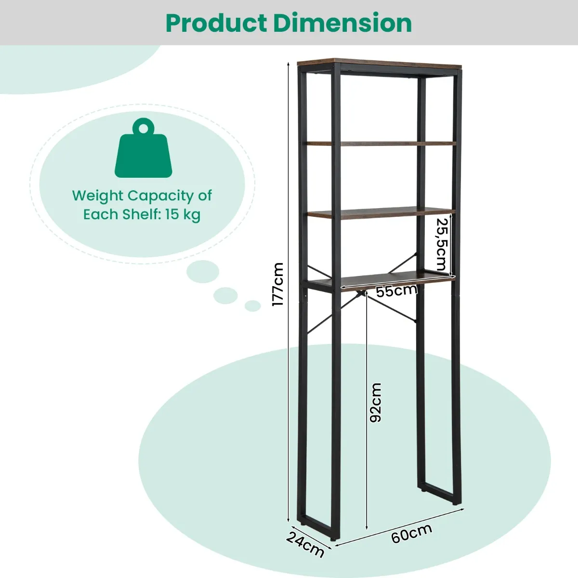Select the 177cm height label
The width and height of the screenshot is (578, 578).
(277, 284)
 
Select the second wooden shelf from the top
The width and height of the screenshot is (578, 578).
(381, 143)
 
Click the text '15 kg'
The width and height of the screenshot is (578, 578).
(183, 214)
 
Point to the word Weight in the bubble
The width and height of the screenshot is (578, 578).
(98, 196)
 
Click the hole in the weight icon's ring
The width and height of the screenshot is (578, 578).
(143, 127)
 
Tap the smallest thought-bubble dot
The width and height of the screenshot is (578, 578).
(252, 305)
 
